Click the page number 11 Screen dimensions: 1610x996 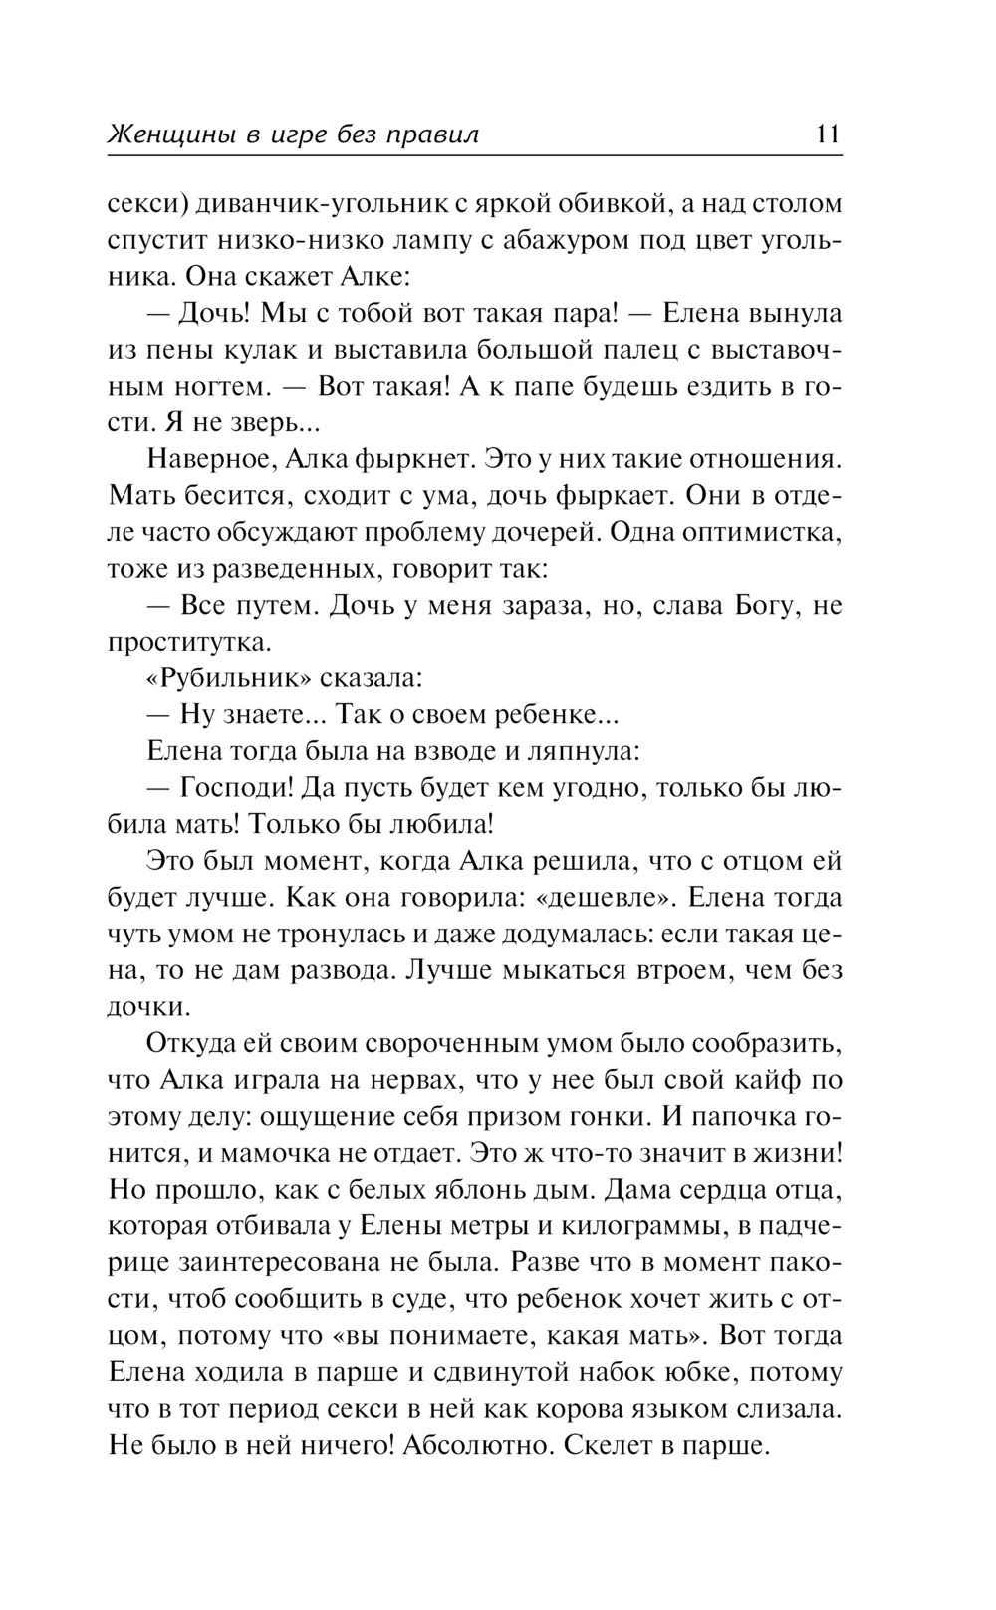click(828, 134)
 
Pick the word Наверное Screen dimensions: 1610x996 click(206, 459)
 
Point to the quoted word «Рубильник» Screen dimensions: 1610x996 click(230, 678)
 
